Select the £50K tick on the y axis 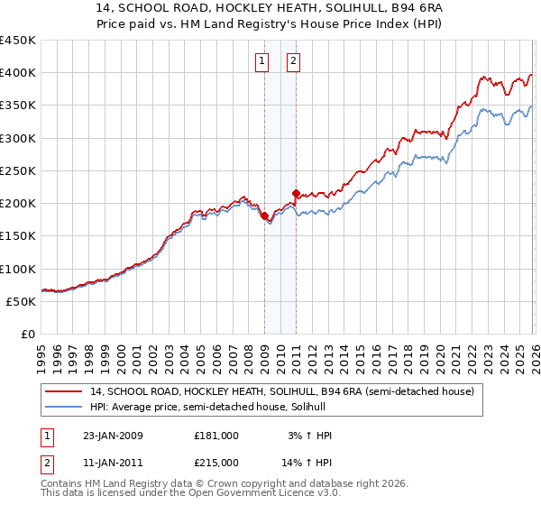pos(22,301)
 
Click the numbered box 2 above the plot pos(294,61)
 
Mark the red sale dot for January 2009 pos(264,216)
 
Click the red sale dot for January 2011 pos(296,193)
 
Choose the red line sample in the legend pos(63,391)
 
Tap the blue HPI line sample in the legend pos(63,408)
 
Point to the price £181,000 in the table pos(216,436)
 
